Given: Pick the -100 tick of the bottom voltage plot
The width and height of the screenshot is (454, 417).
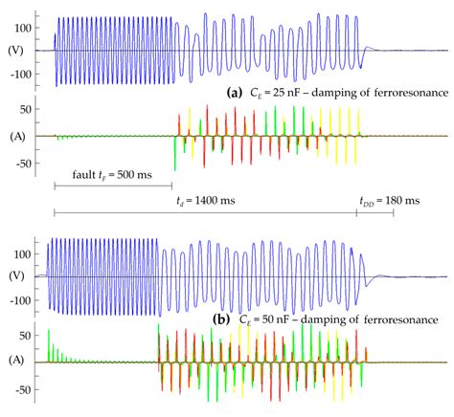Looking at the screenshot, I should pos(24,300).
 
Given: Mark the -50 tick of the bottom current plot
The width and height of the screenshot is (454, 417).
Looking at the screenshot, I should pos(27,389).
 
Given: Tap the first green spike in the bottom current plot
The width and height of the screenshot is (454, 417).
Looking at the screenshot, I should pos(49,340).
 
